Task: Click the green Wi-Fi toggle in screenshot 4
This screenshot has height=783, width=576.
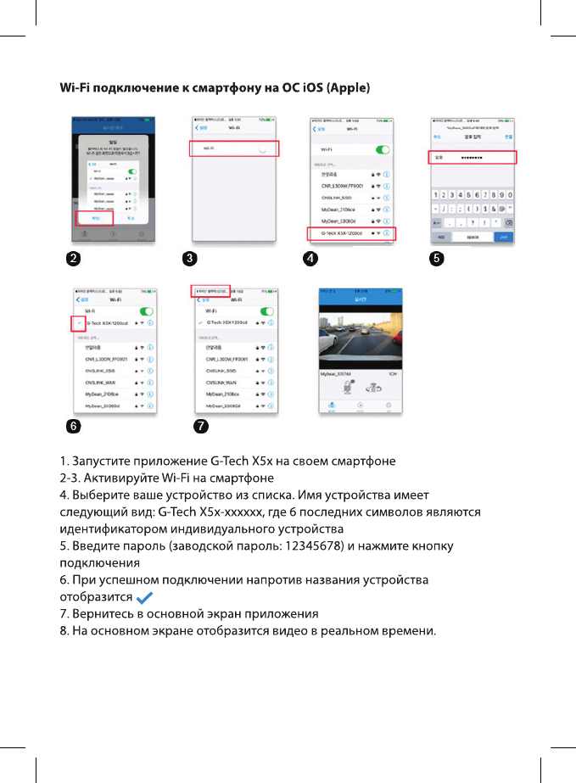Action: pyautogui.click(x=383, y=148)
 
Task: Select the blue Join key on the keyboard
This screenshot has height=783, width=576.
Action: pyautogui.click(x=503, y=237)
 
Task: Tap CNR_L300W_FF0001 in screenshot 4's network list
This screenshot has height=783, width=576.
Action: pyautogui.click(x=342, y=184)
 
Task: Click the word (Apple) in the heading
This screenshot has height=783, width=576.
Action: pyautogui.click(x=348, y=88)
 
